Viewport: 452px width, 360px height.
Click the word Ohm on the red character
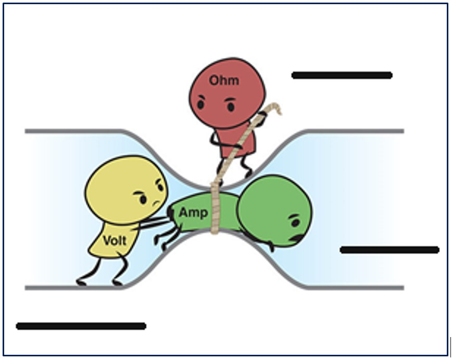(224, 81)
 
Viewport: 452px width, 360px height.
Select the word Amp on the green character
(193, 213)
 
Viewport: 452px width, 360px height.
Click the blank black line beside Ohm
(342, 76)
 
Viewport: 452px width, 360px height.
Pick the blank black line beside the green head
(389, 250)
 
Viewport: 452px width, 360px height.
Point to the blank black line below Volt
(81, 327)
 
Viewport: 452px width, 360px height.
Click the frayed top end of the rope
(276, 108)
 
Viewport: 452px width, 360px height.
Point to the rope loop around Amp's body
(216, 211)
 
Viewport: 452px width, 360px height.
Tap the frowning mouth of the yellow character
(155, 202)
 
